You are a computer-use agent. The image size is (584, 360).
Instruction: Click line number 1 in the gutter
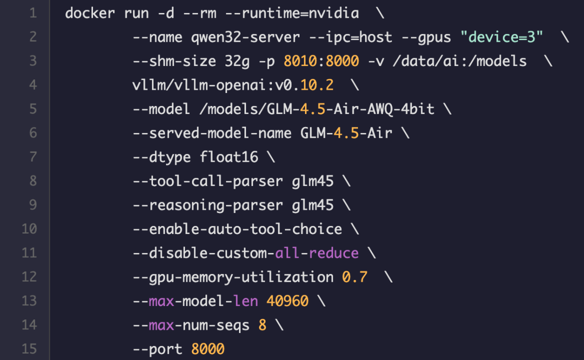click(32, 13)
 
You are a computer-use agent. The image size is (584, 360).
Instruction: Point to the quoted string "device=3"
click(501, 37)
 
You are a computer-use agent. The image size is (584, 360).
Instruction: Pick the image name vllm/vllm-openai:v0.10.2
click(233, 85)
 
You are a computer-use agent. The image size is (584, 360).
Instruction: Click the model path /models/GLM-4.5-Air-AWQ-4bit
click(316, 109)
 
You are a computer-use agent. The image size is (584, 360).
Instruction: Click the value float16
click(229, 157)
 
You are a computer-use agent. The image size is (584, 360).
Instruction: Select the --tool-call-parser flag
click(208, 181)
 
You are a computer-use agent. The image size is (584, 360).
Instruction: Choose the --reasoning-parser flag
click(208, 205)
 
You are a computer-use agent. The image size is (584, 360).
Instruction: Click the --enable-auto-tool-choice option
click(237, 229)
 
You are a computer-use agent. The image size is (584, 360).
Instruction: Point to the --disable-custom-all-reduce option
click(245, 253)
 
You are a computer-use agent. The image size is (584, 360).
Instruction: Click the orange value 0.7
click(355, 277)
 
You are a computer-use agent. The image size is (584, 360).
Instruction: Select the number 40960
click(287, 301)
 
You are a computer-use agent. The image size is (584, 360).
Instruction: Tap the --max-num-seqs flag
click(191, 325)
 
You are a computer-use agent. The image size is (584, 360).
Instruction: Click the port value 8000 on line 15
click(208, 349)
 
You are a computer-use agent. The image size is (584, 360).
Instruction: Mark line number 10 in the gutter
click(29, 229)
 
